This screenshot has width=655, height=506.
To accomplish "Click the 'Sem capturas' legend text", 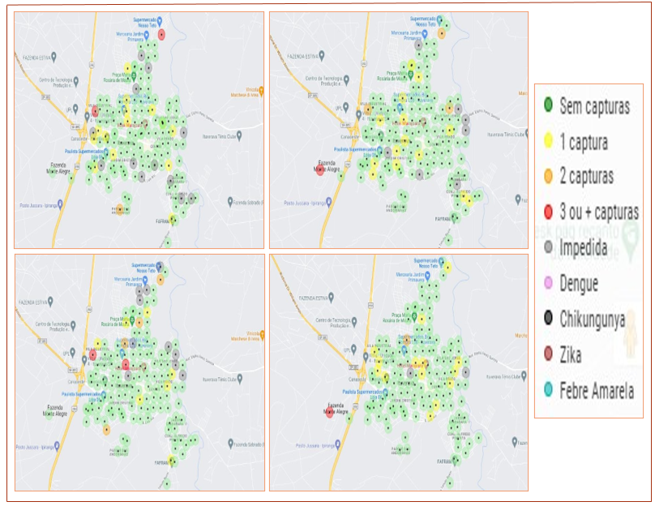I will point(594,106).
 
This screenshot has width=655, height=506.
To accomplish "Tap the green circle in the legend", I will point(548,105).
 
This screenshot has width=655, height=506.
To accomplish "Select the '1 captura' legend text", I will point(584,141).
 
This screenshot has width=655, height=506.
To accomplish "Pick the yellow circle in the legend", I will point(548,141).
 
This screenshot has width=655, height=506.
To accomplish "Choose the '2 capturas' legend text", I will point(587,176).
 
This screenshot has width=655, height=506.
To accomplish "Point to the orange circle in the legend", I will point(548,177).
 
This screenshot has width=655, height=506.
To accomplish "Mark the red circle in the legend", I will point(548,212).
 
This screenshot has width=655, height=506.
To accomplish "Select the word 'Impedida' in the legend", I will point(584,247).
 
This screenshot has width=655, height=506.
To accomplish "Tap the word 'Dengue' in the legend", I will point(579,283).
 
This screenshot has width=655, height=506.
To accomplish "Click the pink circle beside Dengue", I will point(548,283).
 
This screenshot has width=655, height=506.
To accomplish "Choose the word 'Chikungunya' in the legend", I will point(593,319).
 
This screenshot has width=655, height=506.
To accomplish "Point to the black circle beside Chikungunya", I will point(548,319).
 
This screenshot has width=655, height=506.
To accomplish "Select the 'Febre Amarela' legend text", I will point(597,390).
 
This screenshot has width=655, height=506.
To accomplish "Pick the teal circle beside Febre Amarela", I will point(548,390).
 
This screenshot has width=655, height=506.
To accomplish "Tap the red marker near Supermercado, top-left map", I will point(161,35).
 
